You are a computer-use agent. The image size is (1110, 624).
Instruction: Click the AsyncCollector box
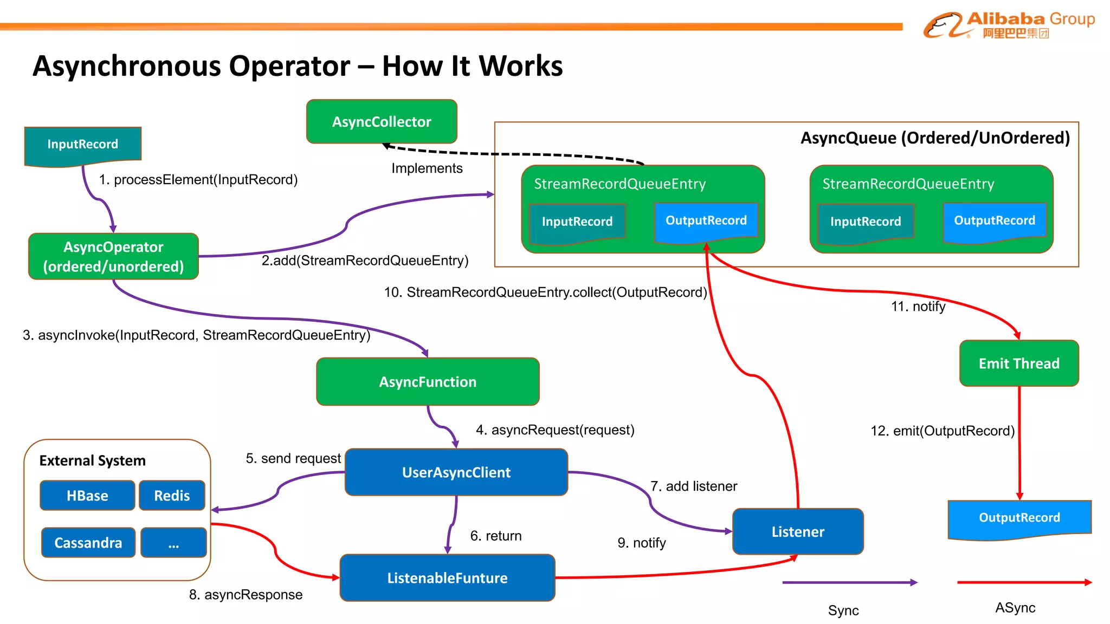click(x=382, y=122)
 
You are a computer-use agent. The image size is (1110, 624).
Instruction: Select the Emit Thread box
click(x=1019, y=363)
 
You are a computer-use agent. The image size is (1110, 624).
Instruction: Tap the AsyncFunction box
click(x=428, y=382)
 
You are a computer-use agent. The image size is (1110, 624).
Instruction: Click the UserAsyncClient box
click(x=456, y=472)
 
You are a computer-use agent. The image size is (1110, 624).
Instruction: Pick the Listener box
click(x=798, y=531)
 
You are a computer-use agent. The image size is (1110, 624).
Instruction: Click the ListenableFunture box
click(x=447, y=578)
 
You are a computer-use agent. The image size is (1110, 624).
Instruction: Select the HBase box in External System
click(x=87, y=496)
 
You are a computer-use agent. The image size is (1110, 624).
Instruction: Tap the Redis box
click(x=172, y=496)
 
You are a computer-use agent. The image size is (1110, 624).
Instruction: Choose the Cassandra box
click(x=88, y=543)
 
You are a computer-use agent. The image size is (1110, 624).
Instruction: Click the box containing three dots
click(x=173, y=543)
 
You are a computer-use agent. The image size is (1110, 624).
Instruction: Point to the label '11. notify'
click(x=918, y=307)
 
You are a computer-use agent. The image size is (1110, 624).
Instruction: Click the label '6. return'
click(x=496, y=536)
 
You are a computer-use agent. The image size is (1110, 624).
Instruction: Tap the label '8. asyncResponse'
click(x=246, y=595)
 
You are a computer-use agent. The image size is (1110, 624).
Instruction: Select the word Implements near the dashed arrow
click(x=427, y=168)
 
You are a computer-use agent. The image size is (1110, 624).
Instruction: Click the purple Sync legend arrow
click(x=849, y=582)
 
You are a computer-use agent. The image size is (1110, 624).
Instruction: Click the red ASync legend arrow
click(x=1024, y=582)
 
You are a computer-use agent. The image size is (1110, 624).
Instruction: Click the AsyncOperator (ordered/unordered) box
click(x=113, y=257)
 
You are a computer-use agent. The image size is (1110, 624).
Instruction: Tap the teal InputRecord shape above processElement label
click(x=82, y=145)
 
